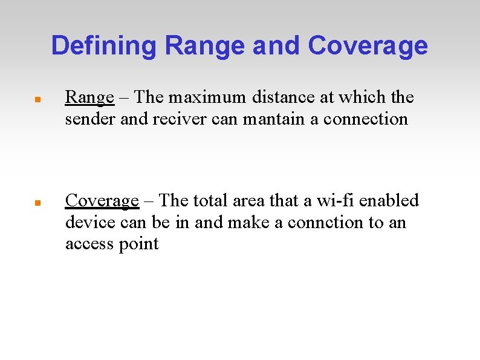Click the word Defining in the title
pos(103,45)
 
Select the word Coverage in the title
pos(368,45)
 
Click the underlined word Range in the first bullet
pos(89,97)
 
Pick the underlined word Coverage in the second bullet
pos(102,201)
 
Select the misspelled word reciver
pos(176,119)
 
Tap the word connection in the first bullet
pos(366,119)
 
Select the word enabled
pos(389,200)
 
